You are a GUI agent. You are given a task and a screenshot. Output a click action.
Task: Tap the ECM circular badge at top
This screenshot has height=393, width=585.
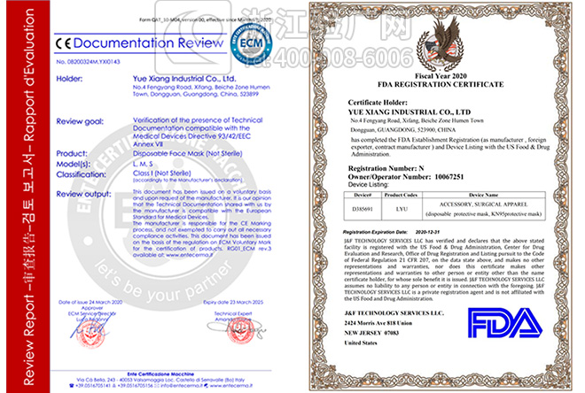[250, 42]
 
